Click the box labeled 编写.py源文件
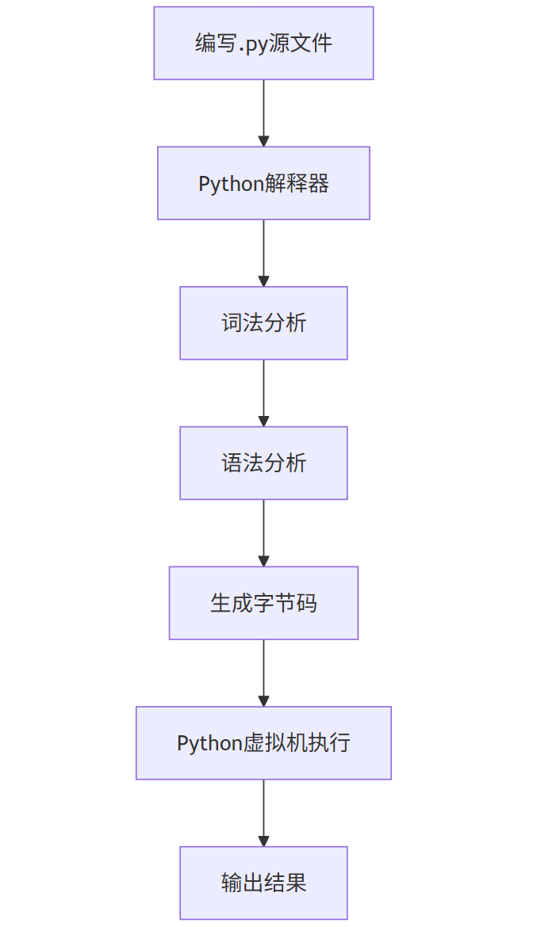pos(263,43)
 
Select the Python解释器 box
pos(263,183)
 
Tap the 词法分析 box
pos(263,322)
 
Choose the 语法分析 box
pos(263,463)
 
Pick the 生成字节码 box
pos(263,603)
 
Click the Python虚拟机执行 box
pos(263,742)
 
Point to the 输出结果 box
pos(263,883)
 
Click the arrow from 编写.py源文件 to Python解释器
pos(264,113)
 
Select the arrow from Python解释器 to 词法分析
pos(264,253)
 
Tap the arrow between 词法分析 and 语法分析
pos(264,393)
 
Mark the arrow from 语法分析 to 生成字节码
pos(264,532)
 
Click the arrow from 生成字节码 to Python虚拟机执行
pos(264,673)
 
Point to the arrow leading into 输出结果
pos(264,813)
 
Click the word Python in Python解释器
pos(231,185)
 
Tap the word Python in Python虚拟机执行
pos(209,744)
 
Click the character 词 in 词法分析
pos(232,323)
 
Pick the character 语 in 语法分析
pos(232,463)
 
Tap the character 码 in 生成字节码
pos(306,603)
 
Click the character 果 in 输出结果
pos(296,883)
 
